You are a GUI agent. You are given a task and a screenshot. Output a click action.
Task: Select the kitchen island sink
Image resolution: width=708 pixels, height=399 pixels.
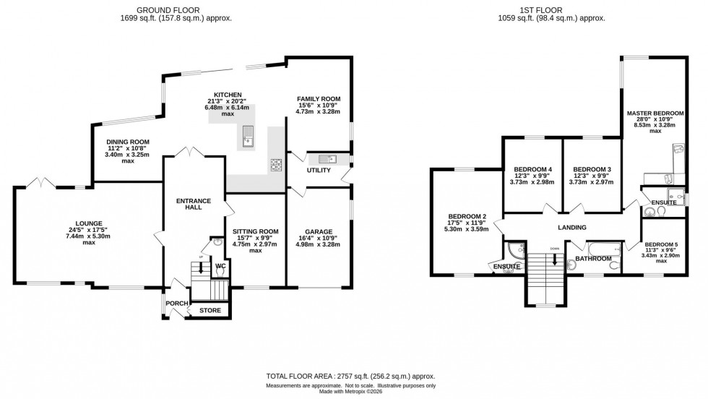[x=249, y=135]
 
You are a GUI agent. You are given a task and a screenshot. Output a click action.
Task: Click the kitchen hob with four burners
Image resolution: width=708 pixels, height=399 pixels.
[x=275, y=165]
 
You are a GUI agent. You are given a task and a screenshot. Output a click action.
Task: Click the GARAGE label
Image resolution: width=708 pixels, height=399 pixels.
[x=318, y=232]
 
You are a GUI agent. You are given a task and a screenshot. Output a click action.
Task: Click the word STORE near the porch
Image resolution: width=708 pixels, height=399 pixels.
[x=210, y=312]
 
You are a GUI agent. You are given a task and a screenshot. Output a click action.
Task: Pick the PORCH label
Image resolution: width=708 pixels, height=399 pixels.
[x=177, y=303]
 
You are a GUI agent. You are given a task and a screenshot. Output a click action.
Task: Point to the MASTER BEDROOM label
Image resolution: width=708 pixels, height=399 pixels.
[x=655, y=113]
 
